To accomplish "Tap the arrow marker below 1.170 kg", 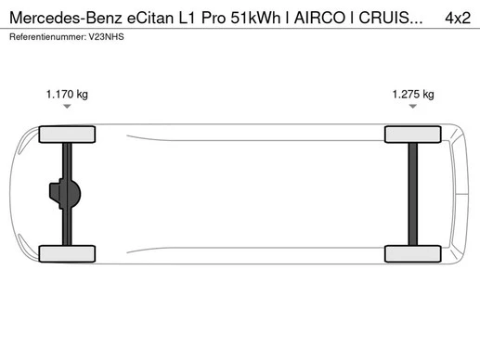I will coord(67,107).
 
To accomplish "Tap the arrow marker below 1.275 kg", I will coord(412,107).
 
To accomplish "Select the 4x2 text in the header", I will coord(457,17).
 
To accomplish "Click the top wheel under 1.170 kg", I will coord(67,134).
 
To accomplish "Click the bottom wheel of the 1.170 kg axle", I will coord(67,254).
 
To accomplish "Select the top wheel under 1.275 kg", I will coord(412,134).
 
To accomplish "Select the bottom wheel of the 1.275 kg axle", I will coord(412,254).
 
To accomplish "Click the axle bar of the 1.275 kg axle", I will coord(412,194).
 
